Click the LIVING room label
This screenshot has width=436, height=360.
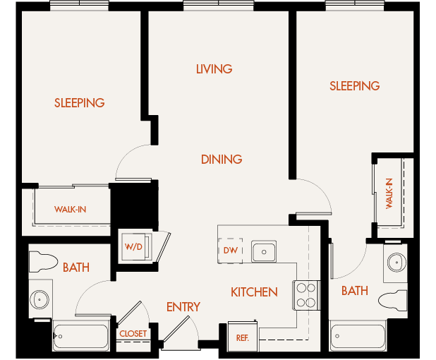[x=214, y=69]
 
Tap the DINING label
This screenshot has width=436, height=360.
[x=221, y=160]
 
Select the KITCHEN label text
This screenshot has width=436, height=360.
[x=254, y=292]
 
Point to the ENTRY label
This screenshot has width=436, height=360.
[x=183, y=307]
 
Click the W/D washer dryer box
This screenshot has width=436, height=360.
[x=134, y=247]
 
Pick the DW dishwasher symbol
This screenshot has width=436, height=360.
[x=230, y=251]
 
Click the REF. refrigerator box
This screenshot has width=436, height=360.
[x=241, y=337]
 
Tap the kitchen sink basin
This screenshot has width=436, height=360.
[x=265, y=251]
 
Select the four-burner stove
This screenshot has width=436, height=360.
[x=305, y=295]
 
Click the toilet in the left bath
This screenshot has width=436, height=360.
[x=44, y=263]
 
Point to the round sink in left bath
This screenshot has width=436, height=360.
[x=40, y=300]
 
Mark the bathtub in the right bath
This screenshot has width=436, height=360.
[x=358, y=336]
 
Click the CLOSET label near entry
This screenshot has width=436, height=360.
[x=133, y=334]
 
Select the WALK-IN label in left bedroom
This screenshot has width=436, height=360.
[x=71, y=210]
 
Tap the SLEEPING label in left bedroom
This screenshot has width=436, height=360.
[x=80, y=103]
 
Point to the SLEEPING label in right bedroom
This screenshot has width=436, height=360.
[x=355, y=86]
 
